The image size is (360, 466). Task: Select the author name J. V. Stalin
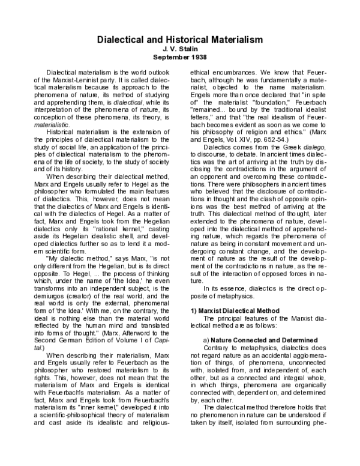[181, 49]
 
